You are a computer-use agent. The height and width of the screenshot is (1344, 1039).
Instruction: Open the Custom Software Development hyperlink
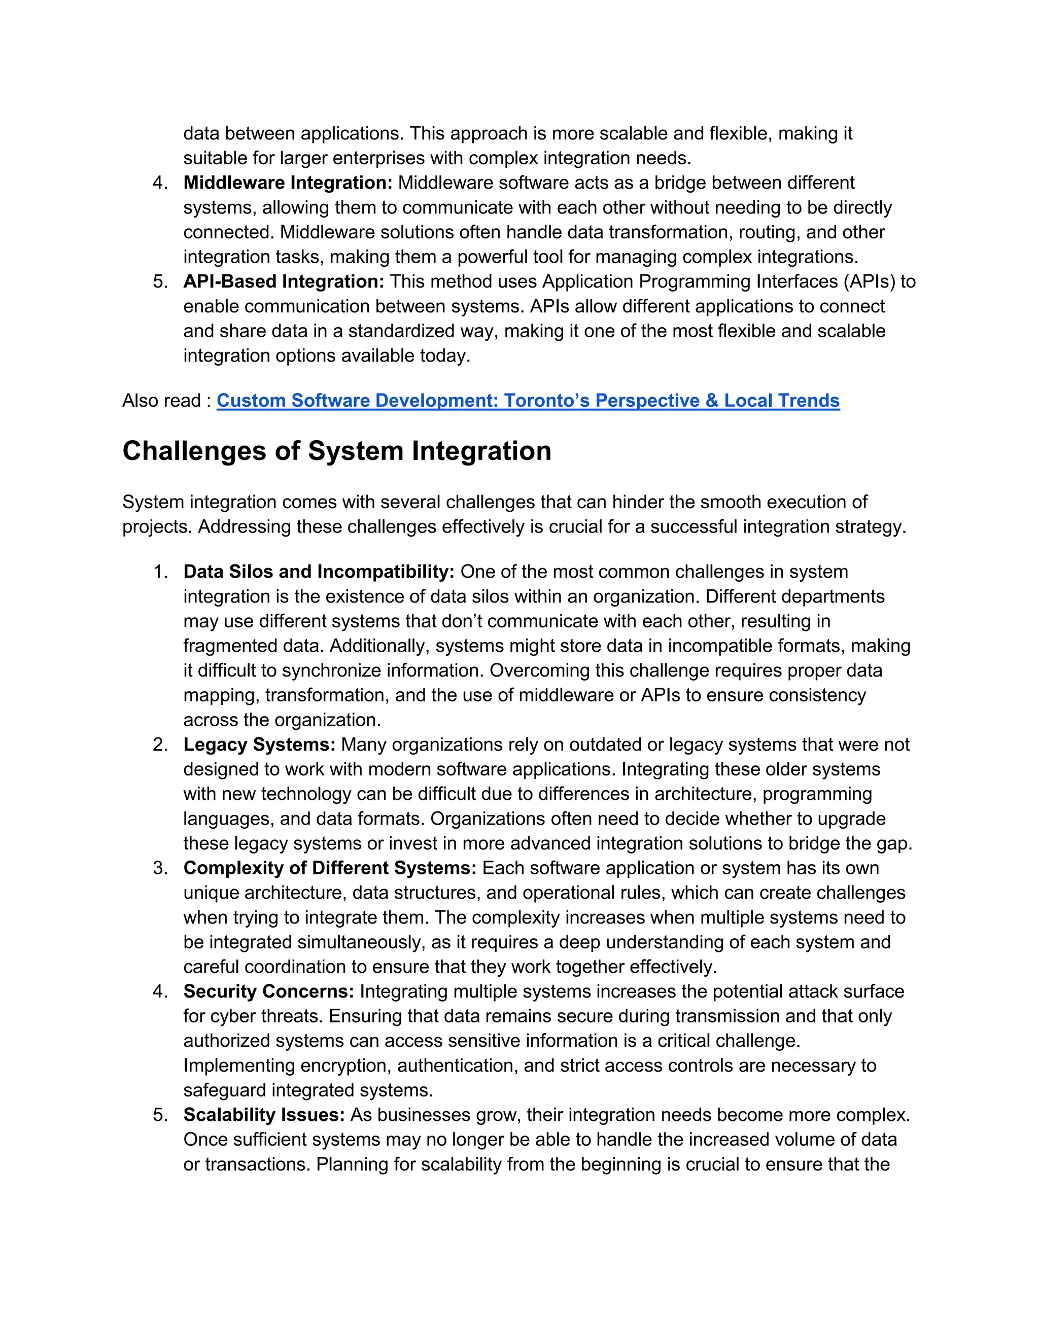coord(528,401)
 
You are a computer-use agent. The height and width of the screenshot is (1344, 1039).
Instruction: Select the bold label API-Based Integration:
coord(283,281)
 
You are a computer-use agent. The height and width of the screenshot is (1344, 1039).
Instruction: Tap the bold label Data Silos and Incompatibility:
coord(318,572)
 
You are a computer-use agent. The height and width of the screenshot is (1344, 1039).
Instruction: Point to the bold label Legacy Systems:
coord(259,745)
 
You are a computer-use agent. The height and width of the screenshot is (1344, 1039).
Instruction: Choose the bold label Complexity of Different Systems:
coord(329,868)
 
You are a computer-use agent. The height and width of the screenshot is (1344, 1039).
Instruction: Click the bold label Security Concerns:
coord(268,992)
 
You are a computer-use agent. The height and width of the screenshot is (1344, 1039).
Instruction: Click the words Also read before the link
coord(161,401)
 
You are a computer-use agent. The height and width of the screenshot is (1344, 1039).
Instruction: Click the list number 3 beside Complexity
coord(159,868)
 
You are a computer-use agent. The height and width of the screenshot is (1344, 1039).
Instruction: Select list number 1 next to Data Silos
coord(159,572)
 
